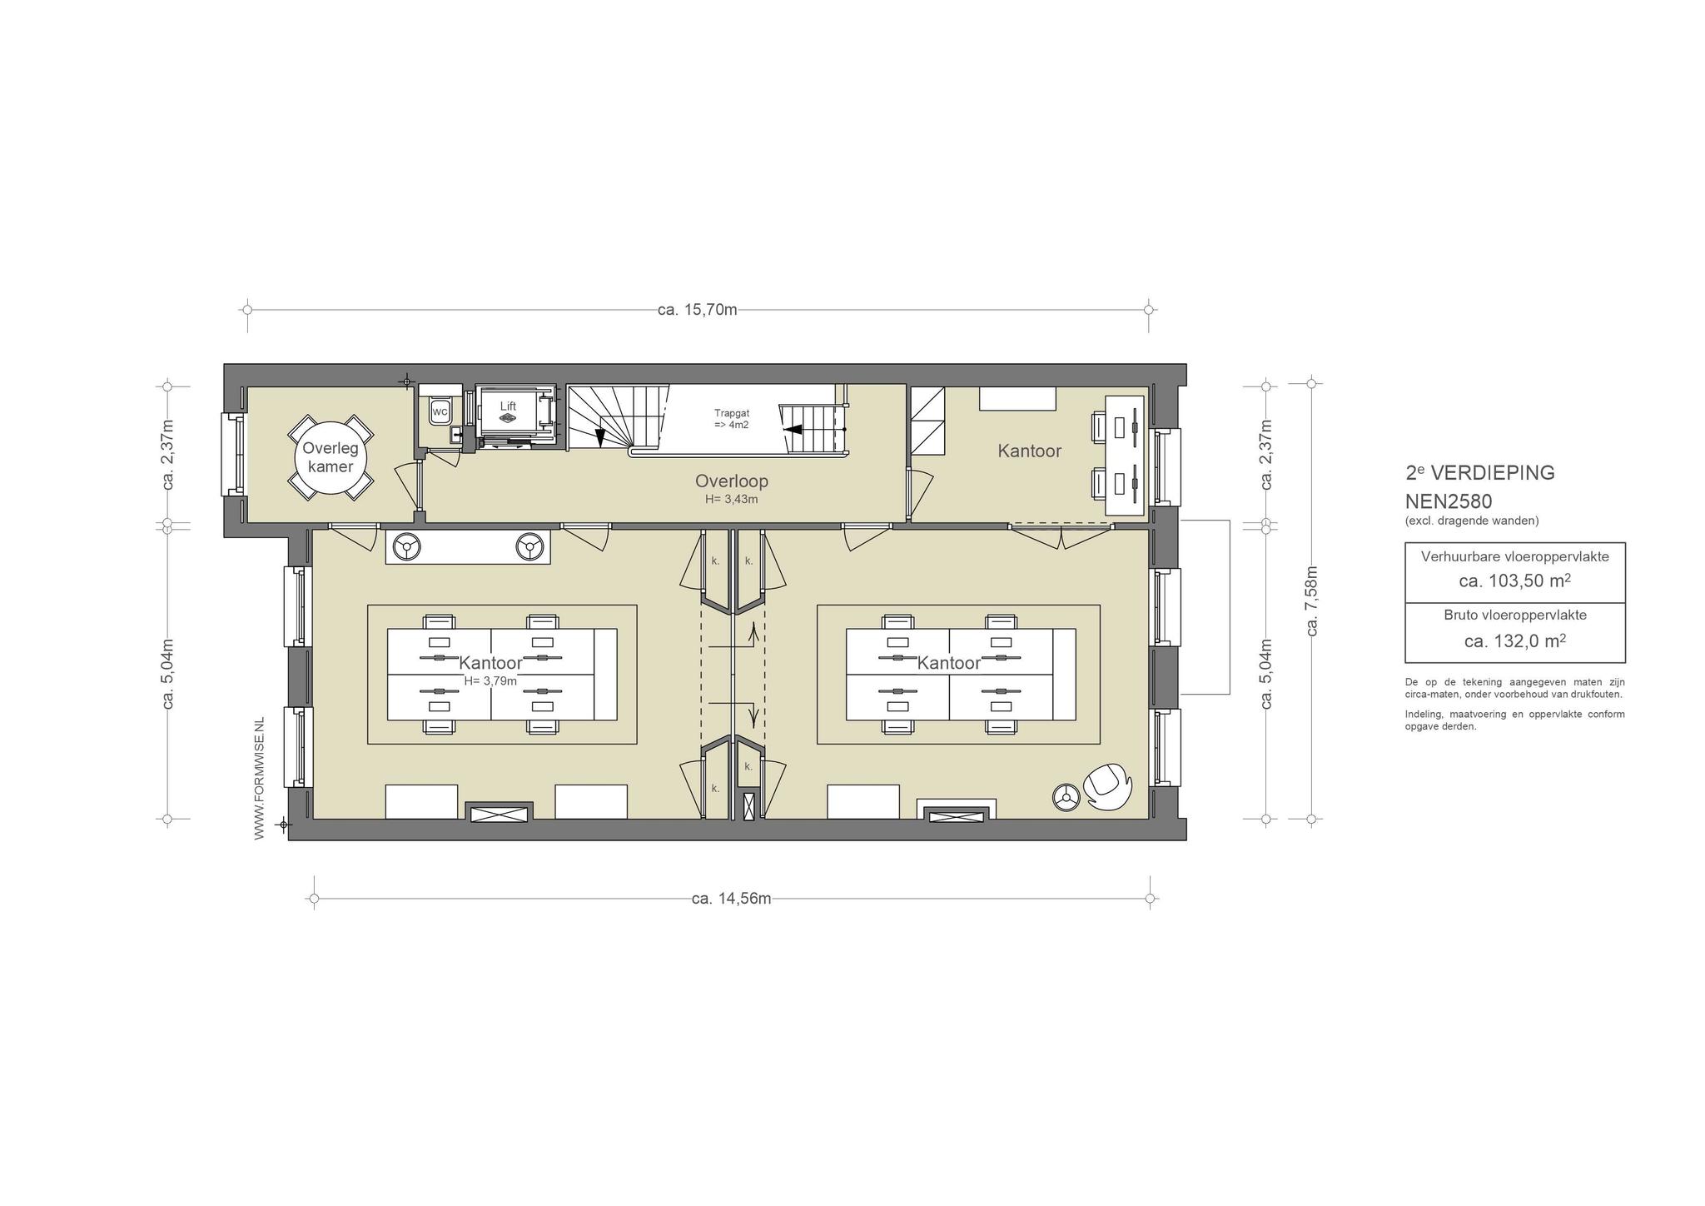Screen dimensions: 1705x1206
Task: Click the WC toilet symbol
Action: [x=440, y=411]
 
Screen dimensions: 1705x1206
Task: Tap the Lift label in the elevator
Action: [x=508, y=406]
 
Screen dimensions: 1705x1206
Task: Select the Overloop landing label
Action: [x=732, y=481]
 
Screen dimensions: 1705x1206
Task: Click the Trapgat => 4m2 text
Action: [x=731, y=419]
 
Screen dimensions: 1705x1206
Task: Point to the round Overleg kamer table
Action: [x=331, y=457]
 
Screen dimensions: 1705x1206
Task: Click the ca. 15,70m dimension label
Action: [x=698, y=310]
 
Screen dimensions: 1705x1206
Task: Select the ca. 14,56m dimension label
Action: [x=732, y=899]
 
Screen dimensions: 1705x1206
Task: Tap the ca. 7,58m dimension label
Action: [x=1312, y=601]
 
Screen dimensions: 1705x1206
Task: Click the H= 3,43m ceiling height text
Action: [x=732, y=500]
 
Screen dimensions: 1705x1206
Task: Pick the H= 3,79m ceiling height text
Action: [x=490, y=680]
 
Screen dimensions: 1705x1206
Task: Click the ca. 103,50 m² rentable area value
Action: [x=1515, y=581]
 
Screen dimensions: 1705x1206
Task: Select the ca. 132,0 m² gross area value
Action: [x=1515, y=640]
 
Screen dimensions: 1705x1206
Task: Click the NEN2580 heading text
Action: [x=1449, y=501]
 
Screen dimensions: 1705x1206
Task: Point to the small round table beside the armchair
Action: [x=1066, y=798]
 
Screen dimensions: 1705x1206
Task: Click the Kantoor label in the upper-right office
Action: [x=1030, y=451]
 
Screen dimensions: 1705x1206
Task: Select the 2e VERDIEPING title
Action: [x=1480, y=472]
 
